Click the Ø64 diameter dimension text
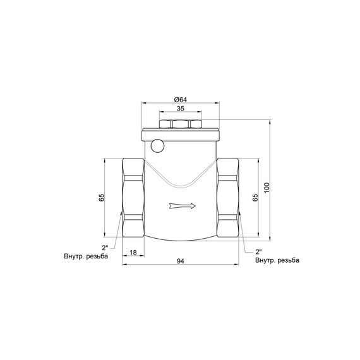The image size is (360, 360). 179,99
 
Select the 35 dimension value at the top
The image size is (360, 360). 180,110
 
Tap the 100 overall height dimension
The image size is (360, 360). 267,188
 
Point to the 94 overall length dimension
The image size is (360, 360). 180,260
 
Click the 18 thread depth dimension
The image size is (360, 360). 133,252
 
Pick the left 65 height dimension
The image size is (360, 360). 102,198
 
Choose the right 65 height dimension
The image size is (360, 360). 255,196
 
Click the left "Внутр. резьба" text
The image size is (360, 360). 86,256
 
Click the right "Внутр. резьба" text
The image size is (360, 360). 277,260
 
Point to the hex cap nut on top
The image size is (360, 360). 180,124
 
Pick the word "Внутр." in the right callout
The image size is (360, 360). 265,260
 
